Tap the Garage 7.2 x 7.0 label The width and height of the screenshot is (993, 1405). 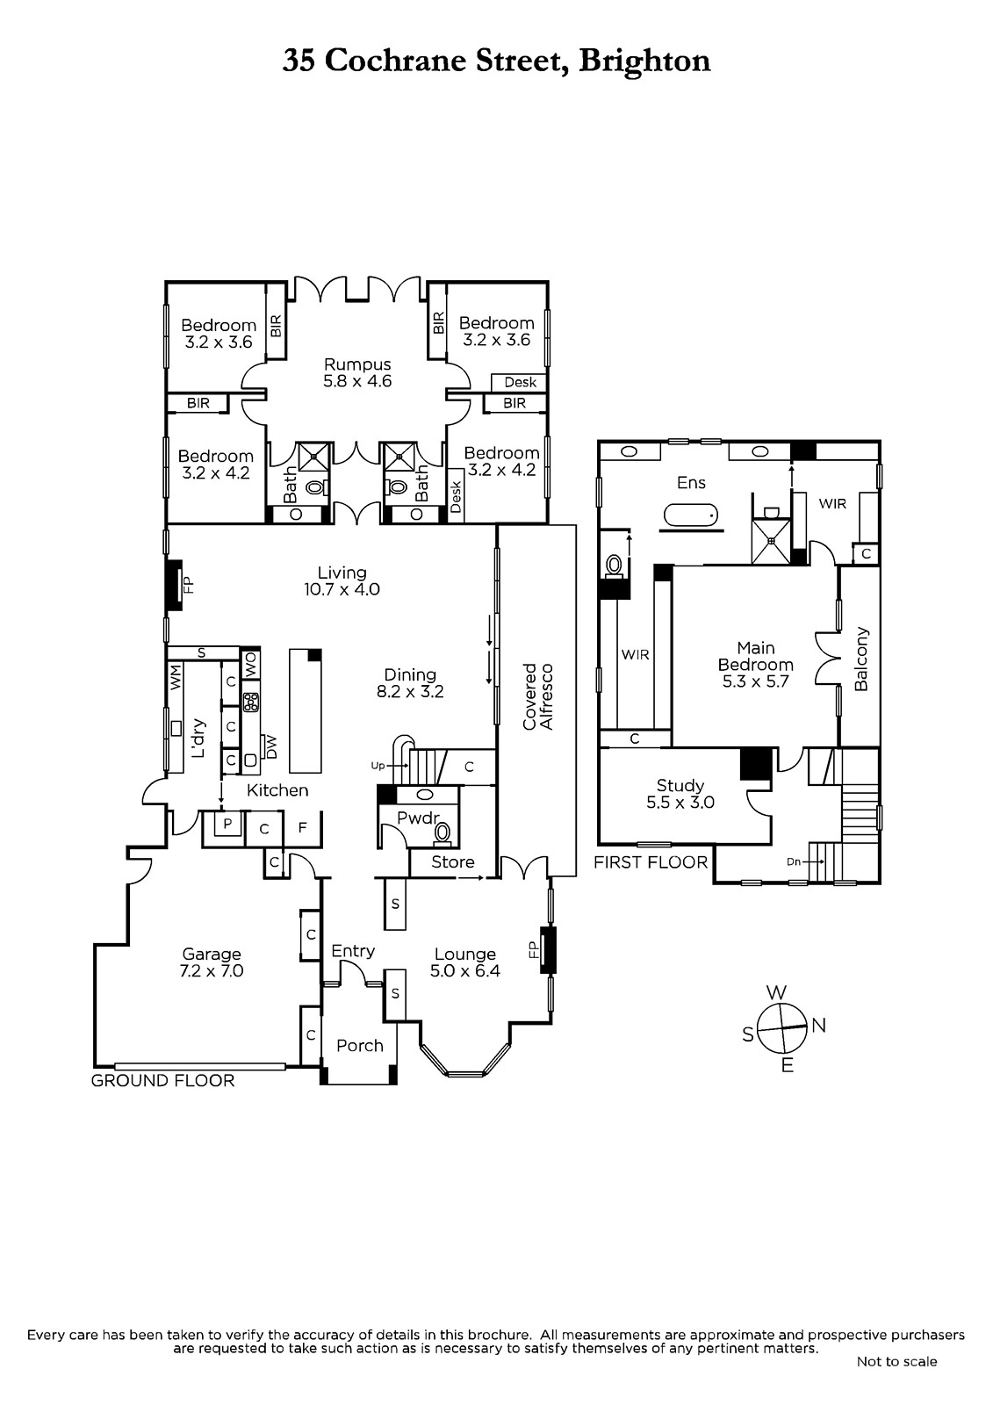point(212,962)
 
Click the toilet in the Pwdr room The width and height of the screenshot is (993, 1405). point(443,832)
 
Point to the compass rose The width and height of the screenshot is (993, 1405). point(783,1028)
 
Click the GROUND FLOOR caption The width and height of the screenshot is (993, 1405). point(163,1080)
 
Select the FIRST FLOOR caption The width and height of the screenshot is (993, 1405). point(651,862)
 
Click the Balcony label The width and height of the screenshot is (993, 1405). point(860,659)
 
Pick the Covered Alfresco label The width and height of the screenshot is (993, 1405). point(538,696)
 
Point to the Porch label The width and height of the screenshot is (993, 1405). point(359,1045)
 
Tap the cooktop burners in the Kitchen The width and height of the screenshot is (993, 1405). point(252,702)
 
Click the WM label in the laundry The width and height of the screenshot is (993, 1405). point(176,677)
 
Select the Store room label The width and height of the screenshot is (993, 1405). point(452,861)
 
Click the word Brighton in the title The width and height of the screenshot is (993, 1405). point(644,61)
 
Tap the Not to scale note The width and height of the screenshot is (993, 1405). point(896,1361)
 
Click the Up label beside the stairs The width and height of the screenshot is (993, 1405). point(378,766)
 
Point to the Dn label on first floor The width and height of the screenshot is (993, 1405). point(794,861)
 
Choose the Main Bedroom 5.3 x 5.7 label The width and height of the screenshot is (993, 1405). point(755,664)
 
